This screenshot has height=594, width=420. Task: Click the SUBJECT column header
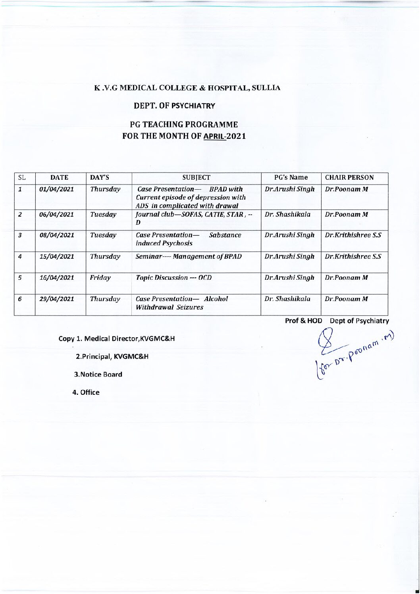[197, 178]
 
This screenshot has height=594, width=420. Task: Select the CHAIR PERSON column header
[349, 178]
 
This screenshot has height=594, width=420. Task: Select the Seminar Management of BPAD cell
[189, 256]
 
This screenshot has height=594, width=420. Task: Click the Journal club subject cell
[194, 217]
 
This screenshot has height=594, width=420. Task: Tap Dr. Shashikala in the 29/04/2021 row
[289, 299]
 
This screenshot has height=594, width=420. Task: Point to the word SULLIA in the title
[266, 88]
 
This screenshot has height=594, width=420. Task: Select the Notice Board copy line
[98, 374]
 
